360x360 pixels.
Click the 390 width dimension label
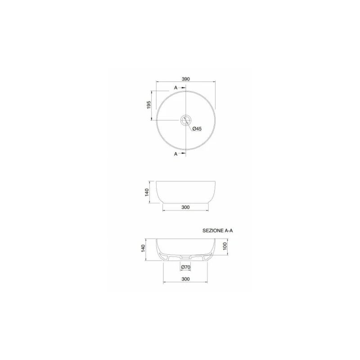point(185,79)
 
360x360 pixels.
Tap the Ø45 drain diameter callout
point(197,129)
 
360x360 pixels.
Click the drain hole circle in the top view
point(186,121)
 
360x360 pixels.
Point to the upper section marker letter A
point(176,88)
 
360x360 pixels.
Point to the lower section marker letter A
point(176,153)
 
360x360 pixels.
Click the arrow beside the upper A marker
point(183,88)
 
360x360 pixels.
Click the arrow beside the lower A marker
point(183,153)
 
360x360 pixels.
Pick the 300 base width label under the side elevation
point(185,207)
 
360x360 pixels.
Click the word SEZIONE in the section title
point(213,230)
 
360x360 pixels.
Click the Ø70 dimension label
point(185,267)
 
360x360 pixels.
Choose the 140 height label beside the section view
point(143,248)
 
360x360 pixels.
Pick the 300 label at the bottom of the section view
point(185,279)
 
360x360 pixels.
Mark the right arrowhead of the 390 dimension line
point(214,82)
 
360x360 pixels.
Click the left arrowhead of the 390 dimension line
point(157,82)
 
